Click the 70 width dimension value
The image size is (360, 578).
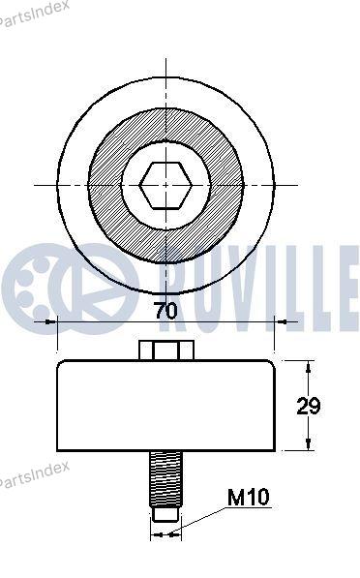pyautogui.click(x=165, y=311)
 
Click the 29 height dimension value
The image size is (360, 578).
pyautogui.click(x=309, y=407)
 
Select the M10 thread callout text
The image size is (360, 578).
pyautogui.click(x=249, y=497)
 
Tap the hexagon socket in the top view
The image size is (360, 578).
pyautogui.click(x=165, y=186)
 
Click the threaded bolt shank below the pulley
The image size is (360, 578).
pyautogui.click(x=165, y=479)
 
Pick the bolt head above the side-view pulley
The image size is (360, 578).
pyautogui.click(x=166, y=350)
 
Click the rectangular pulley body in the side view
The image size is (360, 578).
pyautogui.click(x=165, y=406)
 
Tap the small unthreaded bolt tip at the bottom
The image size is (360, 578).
pyautogui.click(x=165, y=514)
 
